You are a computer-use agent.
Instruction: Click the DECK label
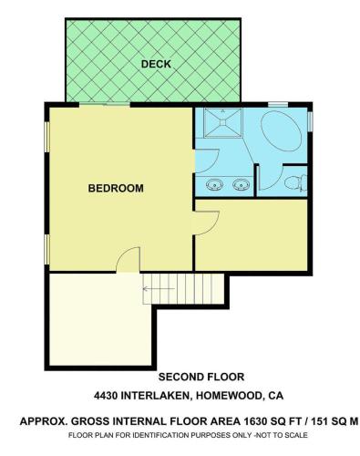tap(156, 64)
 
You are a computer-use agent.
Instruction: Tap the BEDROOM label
tap(116, 188)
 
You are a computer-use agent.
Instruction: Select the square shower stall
tap(223, 122)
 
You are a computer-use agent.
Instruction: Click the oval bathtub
tap(281, 131)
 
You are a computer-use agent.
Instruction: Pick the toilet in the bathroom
tap(296, 182)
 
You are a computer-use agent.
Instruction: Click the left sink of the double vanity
tap(214, 184)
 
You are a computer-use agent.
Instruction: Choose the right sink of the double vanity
tap(242, 184)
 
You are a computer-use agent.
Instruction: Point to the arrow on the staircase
tap(159, 288)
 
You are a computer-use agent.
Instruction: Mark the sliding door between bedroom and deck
tap(105, 105)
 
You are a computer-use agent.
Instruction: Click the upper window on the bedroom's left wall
tap(46, 137)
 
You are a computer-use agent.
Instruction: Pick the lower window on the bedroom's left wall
tap(46, 250)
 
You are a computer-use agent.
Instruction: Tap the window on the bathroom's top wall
tap(278, 105)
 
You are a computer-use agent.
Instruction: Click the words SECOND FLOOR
tap(201, 377)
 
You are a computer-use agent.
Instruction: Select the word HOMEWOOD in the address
tap(229, 396)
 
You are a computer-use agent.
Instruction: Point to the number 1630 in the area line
tap(255, 421)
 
